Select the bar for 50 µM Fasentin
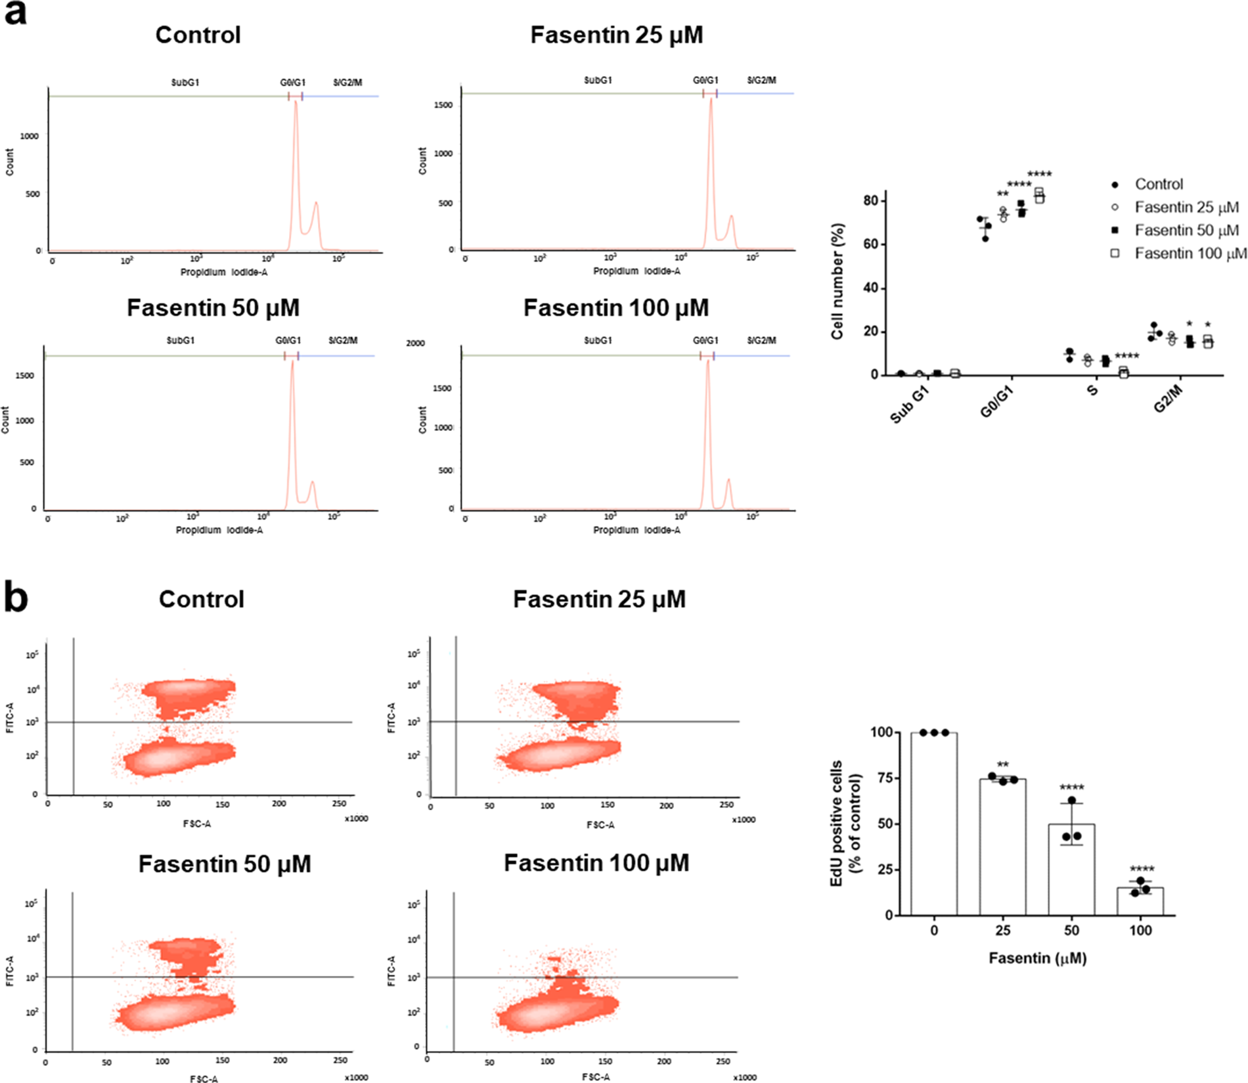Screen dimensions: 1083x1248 point(1071,870)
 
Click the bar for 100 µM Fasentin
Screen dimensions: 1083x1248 point(1140,901)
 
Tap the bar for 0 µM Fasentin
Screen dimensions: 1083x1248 point(934,824)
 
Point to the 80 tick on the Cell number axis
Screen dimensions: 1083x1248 point(871,200)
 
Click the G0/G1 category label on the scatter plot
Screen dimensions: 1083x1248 point(996,401)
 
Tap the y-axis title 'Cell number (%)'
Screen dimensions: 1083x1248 point(837,281)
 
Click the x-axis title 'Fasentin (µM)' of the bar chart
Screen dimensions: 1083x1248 point(1038,958)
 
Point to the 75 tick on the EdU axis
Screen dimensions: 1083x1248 point(884,778)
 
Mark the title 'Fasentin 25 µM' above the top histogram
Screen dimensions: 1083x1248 point(616,35)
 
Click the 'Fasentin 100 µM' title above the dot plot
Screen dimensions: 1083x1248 point(596,862)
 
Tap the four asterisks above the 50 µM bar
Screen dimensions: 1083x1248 point(1071,787)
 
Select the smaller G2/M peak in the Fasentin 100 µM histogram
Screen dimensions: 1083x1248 point(728,493)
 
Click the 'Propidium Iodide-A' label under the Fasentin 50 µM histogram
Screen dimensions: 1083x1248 point(219,530)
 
